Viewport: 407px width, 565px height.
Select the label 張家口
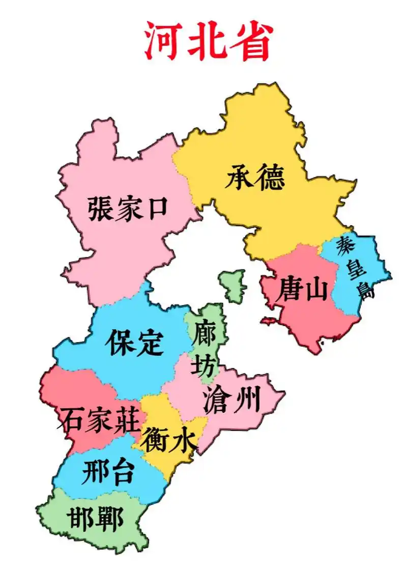pyautogui.click(x=127, y=208)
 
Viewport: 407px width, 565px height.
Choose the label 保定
pyautogui.click(x=134, y=343)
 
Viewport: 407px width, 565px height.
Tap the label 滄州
pyautogui.click(x=231, y=399)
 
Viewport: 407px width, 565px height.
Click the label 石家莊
pyautogui.click(x=99, y=419)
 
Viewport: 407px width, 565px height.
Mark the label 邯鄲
pyautogui.click(x=95, y=518)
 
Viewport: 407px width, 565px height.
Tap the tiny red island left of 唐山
pyautogui.click(x=268, y=321)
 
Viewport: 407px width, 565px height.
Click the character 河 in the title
pyautogui.click(x=163, y=41)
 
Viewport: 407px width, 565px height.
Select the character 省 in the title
pyautogui.click(x=252, y=41)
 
